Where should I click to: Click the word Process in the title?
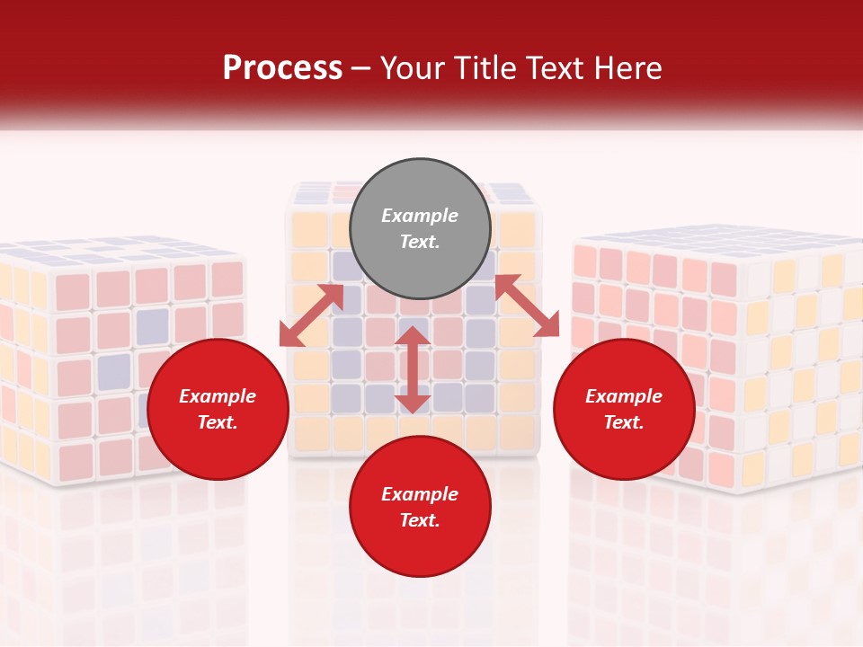(282, 68)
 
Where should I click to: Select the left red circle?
(218, 409)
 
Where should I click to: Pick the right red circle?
(624, 409)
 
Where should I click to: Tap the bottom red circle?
(420, 506)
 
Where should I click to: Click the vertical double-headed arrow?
(413, 369)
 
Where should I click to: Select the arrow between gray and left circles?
(311, 315)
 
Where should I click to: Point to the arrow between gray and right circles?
(527, 306)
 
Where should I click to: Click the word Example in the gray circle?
(420, 216)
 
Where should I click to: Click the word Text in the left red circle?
(218, 422)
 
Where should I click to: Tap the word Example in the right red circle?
(624, 396)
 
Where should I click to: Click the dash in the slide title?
(361, 68)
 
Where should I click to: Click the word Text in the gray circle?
(418, 242)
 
